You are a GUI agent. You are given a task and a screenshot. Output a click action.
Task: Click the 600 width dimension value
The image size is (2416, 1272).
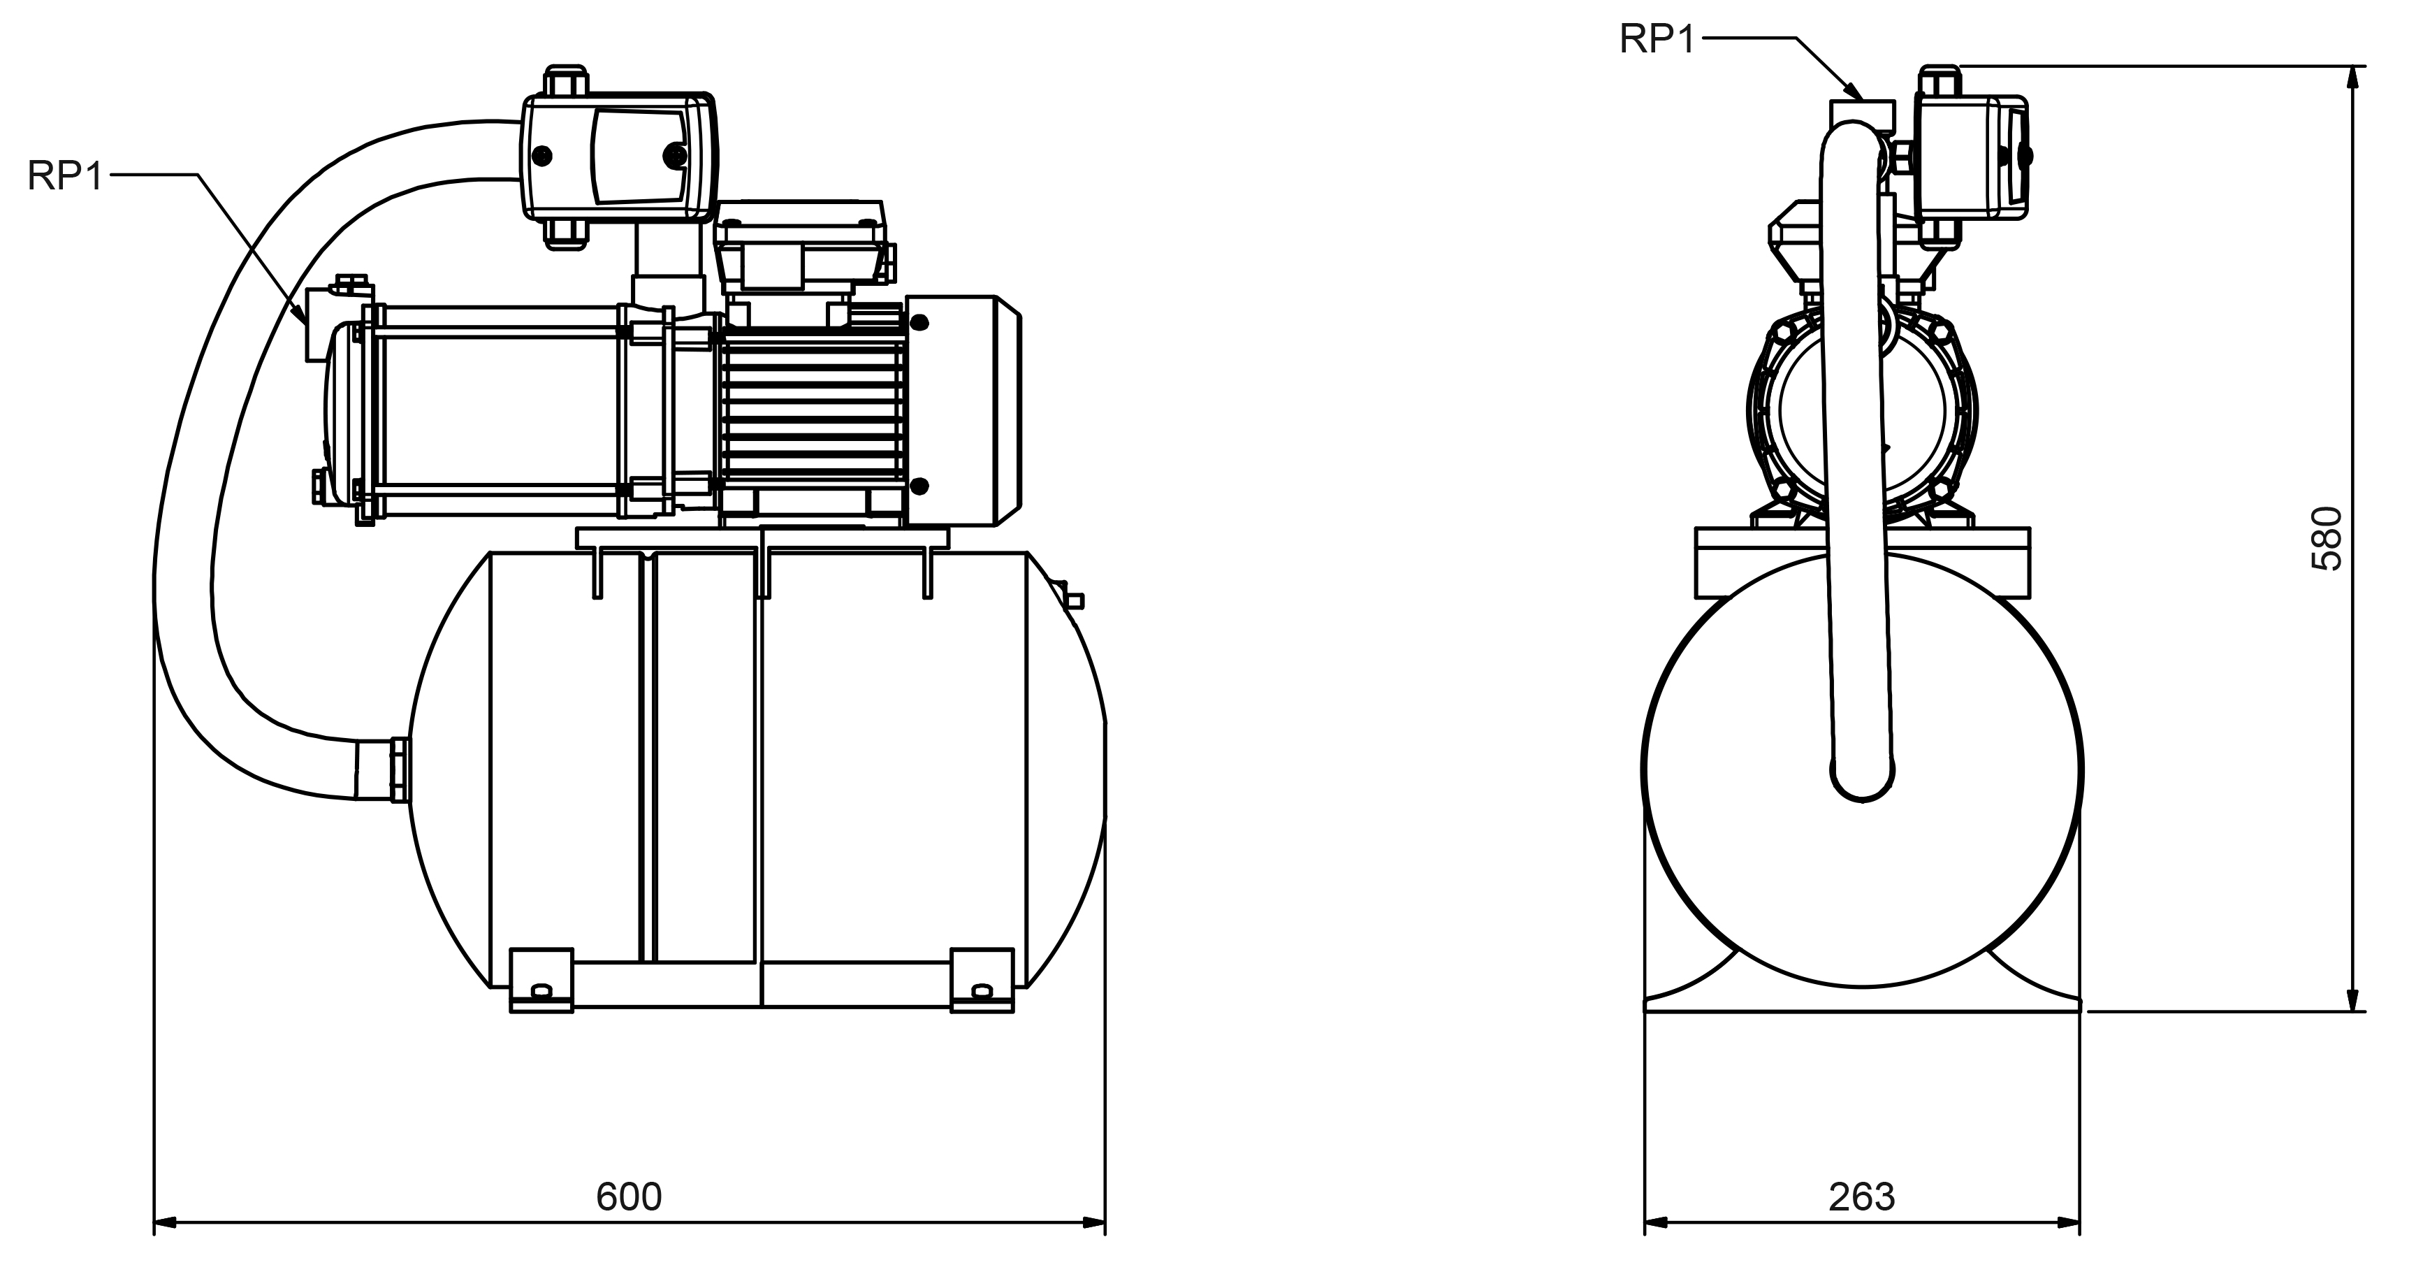(628, 1196)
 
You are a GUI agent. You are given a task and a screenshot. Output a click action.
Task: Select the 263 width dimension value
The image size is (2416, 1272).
(1862, 1196)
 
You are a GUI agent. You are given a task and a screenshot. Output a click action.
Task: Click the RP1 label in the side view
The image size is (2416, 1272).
(64, 175)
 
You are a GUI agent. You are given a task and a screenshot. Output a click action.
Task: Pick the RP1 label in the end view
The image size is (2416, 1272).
(1657, 39)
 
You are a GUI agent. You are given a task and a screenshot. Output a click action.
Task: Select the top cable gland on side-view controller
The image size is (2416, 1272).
(565, 80)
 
